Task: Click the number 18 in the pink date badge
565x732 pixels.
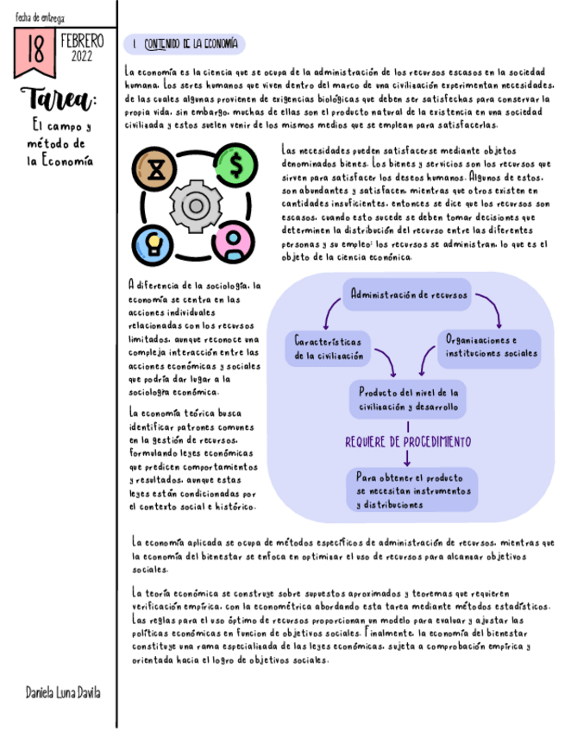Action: [x=35, y=50]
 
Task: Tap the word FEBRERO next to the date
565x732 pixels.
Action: [x=83, y=41]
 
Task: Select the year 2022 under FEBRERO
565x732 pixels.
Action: [x=83, y=56]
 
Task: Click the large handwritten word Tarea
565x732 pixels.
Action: [x=56, y=98]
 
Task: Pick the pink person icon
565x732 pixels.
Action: [x=233, y=241]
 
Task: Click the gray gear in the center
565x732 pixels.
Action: [x=195, y=204]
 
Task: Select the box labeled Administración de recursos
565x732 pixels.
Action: [x=409, y=294]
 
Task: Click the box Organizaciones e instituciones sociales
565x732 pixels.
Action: [x=489, y=345]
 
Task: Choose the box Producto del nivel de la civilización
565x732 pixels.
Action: [x=408, y=399]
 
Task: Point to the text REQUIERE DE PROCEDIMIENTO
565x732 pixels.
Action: [x=408, y=442]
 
